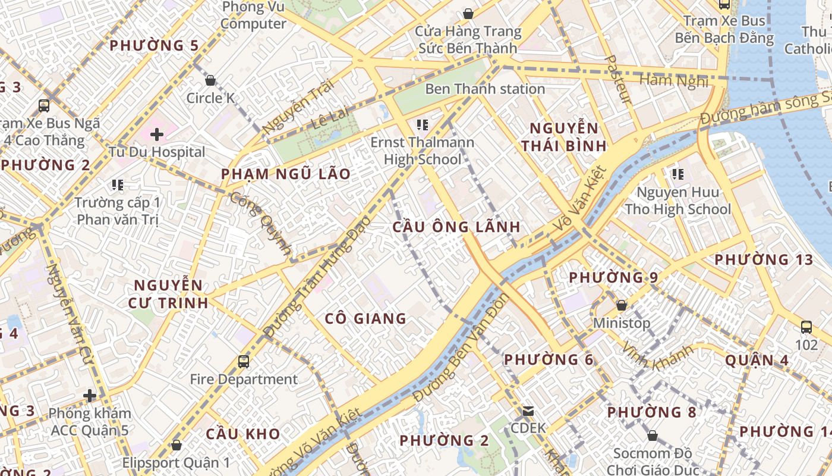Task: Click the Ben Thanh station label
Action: (x=485, y=89)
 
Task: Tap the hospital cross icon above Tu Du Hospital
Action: (x=157, y=134)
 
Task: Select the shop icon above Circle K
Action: (x=210, y=80)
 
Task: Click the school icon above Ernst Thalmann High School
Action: (x=423, y=125)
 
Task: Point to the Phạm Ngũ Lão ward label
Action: (x=286, y=174)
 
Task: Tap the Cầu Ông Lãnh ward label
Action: (x=456, y=227)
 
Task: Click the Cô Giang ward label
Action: (x=365, y=319)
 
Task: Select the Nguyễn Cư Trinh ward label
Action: (x=168, y=294)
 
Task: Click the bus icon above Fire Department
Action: (x=243, y=361)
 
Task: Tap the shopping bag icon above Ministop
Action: (x=622, y=305)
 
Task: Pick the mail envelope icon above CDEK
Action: (x=528, y=411)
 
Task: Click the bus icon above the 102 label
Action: (x=806, y=327)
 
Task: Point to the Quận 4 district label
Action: (x=757, y=361)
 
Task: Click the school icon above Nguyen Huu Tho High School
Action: (x=677, y=174)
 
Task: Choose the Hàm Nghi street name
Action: (x=674, y=80)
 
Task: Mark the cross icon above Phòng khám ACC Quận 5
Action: (x=90, y=395)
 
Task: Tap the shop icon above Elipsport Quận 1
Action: (x=176, y=444)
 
